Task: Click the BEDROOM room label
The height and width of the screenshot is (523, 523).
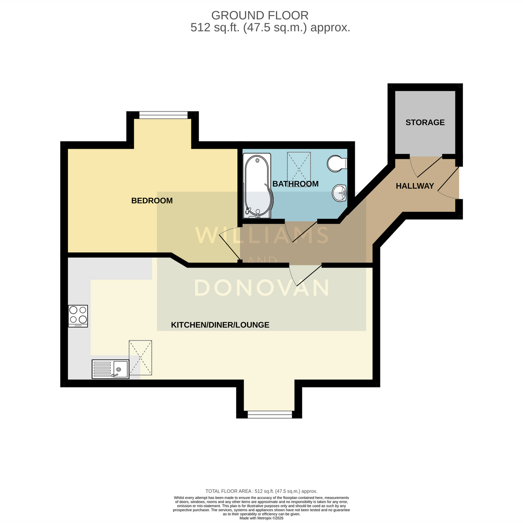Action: [152, 200]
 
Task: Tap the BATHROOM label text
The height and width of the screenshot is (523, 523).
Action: [295, 184]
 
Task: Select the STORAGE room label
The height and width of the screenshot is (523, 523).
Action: [425, 122]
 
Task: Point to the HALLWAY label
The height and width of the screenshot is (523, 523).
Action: [415, 186]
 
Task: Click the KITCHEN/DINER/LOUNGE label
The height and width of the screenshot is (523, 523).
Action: [220, 325]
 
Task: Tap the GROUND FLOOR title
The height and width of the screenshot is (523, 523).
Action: [260, 15]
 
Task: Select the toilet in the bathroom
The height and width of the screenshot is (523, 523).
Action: [337, 164]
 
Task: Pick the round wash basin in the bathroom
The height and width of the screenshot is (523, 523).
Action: [339, 193]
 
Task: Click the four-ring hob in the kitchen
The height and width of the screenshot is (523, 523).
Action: [78, 316]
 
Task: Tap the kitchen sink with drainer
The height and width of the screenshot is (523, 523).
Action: [110, 369]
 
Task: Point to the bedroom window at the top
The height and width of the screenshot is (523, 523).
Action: [163, 115]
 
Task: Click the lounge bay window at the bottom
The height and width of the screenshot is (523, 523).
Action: [270, 414]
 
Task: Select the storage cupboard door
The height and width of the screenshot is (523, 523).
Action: [426, 166]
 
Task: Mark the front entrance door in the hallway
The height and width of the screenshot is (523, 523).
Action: [448, 183]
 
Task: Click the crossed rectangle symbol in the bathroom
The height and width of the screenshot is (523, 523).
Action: [299, 168]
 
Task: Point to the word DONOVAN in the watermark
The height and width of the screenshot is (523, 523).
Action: [262, 288]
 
